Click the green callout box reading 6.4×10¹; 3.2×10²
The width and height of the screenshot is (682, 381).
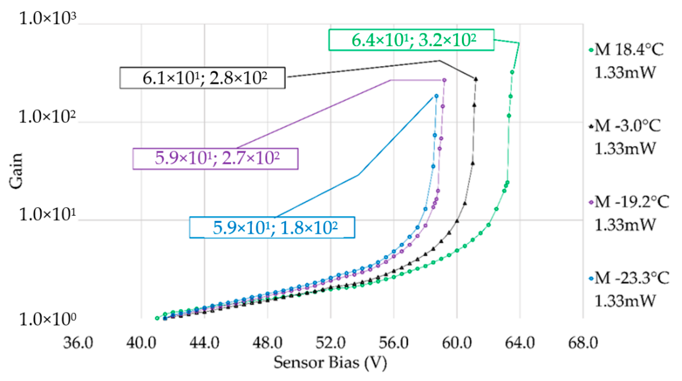[x=411, y=40]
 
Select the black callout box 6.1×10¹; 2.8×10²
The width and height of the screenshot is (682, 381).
[x=203, y=78]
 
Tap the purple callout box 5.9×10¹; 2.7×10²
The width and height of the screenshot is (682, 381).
[x=215, y=159]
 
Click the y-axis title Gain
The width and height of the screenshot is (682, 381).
[x=16, y=171]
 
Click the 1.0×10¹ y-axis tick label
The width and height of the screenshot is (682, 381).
[x=48, y=215]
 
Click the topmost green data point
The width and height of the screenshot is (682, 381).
[x=512, y=72]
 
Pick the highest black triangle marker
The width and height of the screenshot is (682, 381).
[x=476, y=79]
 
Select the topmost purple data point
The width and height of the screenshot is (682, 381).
[x=445, y=80]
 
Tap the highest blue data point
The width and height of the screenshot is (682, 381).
[x=436, y=96]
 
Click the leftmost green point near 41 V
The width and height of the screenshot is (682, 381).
[x=157, y=318]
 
